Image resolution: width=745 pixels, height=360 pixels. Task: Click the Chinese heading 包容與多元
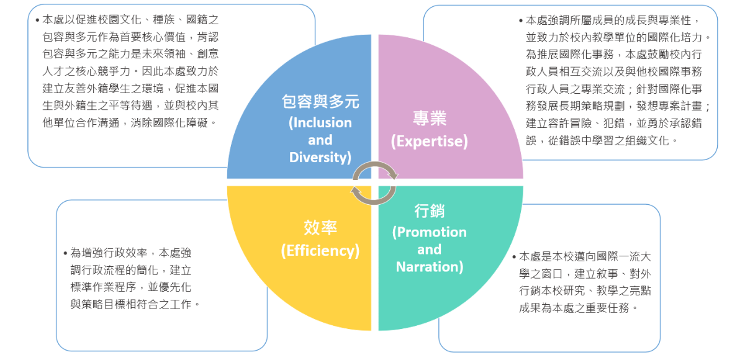(320, 102)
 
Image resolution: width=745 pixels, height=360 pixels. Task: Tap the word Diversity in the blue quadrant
(320, 158)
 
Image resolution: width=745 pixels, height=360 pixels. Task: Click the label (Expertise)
(430, 142)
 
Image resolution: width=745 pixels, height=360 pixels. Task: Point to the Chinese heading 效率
(320, 228)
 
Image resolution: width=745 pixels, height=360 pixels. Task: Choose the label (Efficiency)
(320, 251)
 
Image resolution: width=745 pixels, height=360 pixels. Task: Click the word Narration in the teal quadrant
(430, 268)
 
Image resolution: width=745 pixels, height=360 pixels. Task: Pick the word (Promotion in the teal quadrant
(430, 233)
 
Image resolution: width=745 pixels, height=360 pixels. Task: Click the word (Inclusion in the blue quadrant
(320, 123)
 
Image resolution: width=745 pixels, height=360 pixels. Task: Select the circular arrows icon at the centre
(374, 181)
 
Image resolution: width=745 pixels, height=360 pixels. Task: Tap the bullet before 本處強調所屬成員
(520, 21)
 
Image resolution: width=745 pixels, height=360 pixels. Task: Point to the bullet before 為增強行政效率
(66, 253)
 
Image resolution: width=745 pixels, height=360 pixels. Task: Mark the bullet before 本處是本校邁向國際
(514, 257)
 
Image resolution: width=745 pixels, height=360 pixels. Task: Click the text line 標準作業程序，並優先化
(131, 287)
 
